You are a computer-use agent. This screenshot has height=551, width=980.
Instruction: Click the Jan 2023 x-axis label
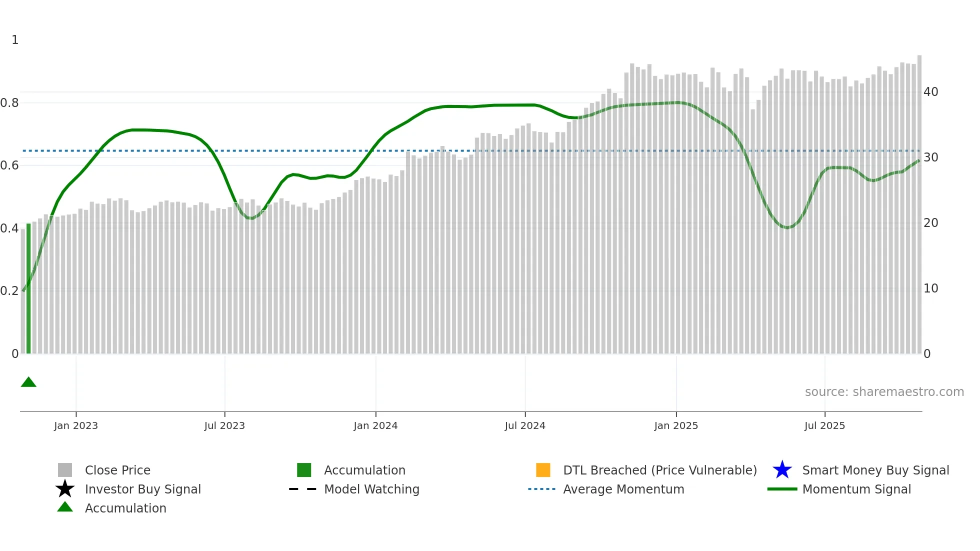[76, 425]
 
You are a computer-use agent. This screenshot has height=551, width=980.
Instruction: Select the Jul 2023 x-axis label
[224, 425]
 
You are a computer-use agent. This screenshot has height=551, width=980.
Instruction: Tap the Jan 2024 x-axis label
[375, 425]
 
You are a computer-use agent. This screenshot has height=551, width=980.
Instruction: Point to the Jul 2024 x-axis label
[525, 425]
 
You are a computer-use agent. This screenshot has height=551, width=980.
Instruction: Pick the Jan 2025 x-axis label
[676, 425]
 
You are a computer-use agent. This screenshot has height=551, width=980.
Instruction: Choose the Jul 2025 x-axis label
[824, 425]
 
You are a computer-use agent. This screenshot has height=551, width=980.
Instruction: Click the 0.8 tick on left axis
[9, 103]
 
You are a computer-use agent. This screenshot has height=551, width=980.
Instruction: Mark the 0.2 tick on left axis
[9, 291]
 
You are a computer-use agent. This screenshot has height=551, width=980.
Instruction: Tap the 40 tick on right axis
[930, 92]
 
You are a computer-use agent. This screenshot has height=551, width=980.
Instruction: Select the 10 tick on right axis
[930, 288]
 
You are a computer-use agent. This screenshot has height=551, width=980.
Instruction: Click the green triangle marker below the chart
[28, 382]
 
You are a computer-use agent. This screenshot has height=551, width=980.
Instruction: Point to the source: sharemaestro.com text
[884, 392]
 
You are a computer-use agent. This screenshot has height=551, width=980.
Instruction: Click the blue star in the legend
[782, 470]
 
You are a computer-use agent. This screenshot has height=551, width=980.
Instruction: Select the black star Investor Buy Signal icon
[65, 489]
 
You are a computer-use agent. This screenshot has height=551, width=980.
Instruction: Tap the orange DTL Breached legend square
[543, 470]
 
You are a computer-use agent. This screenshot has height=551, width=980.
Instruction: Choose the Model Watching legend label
[371, 489]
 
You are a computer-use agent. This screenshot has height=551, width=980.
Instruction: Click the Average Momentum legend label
[623, 489]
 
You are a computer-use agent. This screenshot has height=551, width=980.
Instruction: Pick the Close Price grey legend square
[65, 470]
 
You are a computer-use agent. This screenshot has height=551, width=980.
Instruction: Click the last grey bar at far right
[919, 205]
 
